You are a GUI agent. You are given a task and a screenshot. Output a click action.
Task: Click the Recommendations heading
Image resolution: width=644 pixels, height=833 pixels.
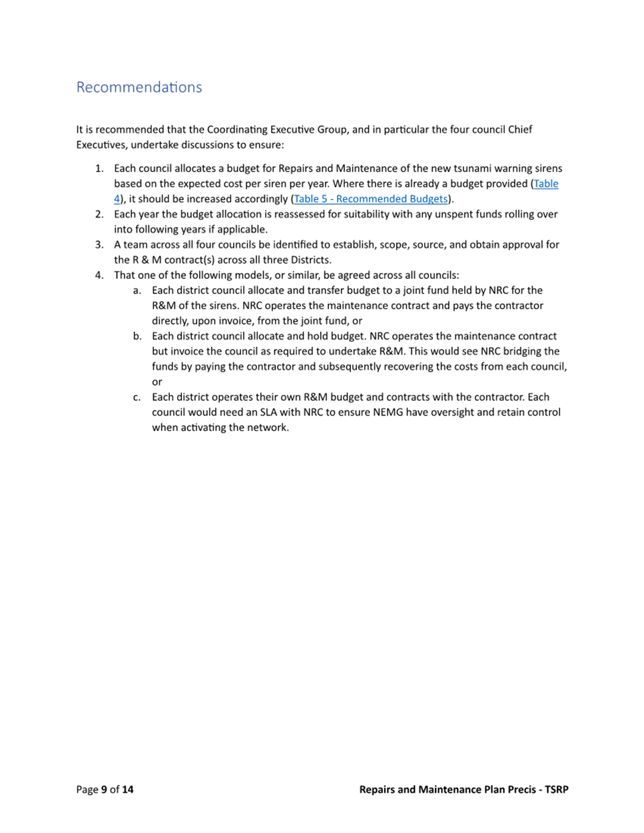(139, 87)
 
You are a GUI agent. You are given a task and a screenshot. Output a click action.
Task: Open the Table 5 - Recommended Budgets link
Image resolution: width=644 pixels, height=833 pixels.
(371, 199)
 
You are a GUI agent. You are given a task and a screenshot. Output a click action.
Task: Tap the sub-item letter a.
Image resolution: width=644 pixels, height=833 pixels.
(137, 291)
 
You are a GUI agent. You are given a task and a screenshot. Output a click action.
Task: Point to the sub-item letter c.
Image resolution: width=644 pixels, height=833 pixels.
(137, 398)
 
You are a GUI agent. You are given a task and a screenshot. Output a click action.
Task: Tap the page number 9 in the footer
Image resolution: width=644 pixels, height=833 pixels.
(104, 790)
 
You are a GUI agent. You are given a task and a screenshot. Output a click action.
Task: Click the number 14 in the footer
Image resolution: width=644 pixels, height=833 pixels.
(127, 790)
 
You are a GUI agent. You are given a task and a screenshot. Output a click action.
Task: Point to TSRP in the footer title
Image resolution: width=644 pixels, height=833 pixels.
(557, 790)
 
